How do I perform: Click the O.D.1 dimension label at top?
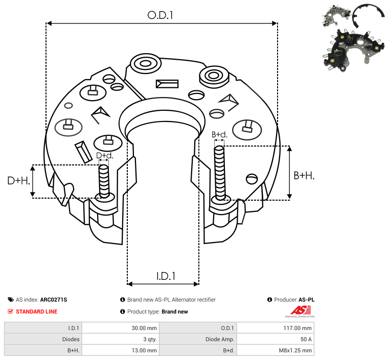(161, 15)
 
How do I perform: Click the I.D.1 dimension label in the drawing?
(166, 276)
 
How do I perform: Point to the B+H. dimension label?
(304, 175)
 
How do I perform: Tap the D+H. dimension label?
(19, 180)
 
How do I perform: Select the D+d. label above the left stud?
(104, 156)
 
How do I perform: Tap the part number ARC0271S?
(54, 300)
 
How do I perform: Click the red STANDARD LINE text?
(37, 311)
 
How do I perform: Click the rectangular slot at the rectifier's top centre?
(167, 83)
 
